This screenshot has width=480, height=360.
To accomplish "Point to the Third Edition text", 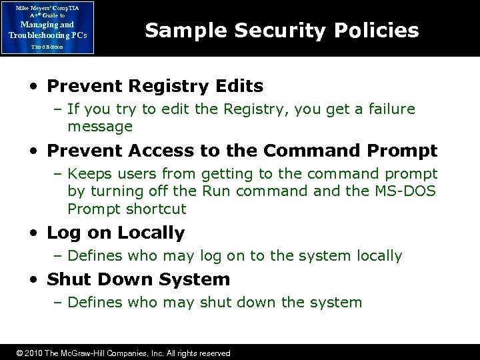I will pos(47,47).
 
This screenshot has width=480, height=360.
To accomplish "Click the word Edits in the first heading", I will pos(241,87).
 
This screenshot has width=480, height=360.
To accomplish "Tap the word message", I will pos(100,126).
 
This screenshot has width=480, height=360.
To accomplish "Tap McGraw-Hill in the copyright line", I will pos(85,353).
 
